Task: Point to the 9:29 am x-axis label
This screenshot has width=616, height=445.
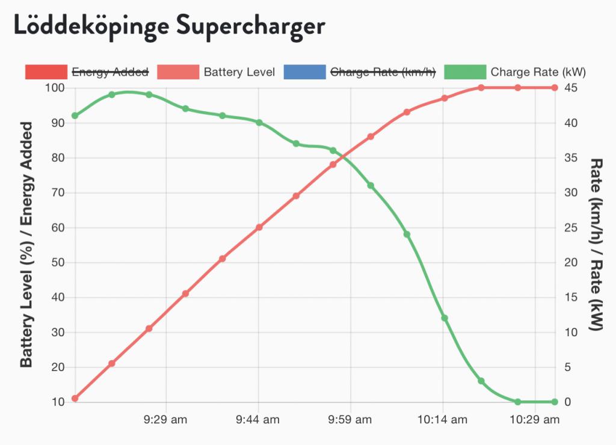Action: pyautogui.click(x=165, y=420)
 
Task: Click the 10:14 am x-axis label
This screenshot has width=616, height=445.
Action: pyautogui.click(x=443, y=420)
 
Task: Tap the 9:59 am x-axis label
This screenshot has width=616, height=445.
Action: pyautogui.click(x=351, y=420)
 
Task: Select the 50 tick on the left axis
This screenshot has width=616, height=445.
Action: pyautogui.click(x=57, y=263)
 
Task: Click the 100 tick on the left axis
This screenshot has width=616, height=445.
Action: pyautogui.click(x=55, y=88)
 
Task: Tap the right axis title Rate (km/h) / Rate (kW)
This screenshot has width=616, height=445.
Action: pyautogui.click(x=596, y=245)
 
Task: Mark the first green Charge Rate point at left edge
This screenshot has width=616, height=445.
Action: pyautogui.click(x=75, y=115)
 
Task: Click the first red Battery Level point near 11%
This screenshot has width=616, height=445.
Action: pyautogui.click(x=75, y=398)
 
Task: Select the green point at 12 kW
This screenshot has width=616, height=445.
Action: pyautogui.click(x=445, y=318)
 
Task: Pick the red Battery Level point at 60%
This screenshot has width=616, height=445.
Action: pyautogui.click(x=259, y=227)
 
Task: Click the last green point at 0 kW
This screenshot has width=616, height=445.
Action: pyautogui.click(x=554, y=402)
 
